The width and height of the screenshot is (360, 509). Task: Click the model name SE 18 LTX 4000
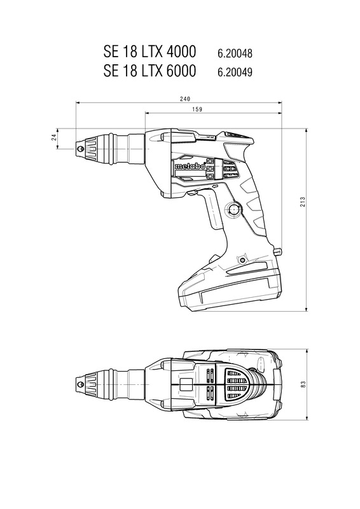(149, 52)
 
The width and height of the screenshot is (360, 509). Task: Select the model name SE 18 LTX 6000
(149, 71)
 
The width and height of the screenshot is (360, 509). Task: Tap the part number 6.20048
(235, 53)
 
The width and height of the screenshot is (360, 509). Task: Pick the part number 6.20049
(235, 72)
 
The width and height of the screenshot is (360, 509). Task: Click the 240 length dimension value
(184, 99)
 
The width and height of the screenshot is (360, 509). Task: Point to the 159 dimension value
(197, 109)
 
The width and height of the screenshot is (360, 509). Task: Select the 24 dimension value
(54, 137)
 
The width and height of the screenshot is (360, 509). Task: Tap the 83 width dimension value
(303, 384)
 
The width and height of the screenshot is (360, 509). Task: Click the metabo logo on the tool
(190, 166)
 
